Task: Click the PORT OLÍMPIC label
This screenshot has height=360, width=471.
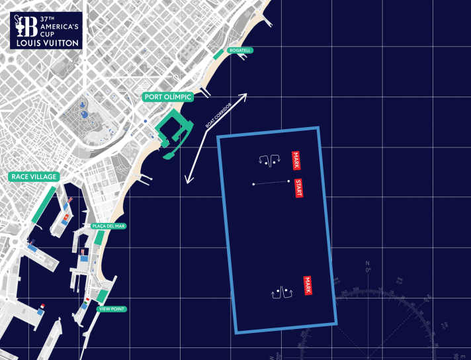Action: [168, 97]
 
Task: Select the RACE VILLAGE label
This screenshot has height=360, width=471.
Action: [34, 177]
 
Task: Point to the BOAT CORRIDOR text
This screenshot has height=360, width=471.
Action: [219, 116]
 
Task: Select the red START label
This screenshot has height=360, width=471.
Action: [298, 188]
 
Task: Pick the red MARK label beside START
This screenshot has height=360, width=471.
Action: [296, 160]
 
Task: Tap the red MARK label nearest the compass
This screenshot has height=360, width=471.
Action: [307, 285]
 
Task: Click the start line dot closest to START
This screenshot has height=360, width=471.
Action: [288, 181]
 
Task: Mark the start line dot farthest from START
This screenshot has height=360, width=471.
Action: [253, 184]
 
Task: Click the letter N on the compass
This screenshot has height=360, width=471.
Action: [368, 263]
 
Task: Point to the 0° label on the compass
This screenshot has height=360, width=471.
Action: [368, 270]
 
